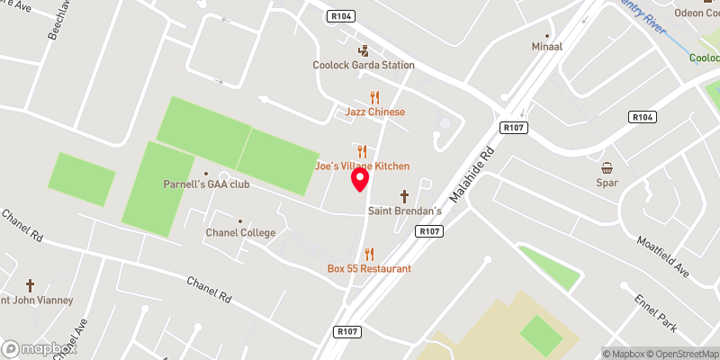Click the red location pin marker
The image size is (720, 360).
click(x=360, y=179)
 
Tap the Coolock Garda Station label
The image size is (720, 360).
click(x=363, y=65)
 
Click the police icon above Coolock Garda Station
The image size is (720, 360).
click(x=363, y=50)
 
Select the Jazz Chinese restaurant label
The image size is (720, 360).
click(x=375, y=112)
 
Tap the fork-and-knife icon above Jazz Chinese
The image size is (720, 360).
click(x=375, y=97)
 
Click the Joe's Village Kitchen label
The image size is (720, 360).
click(x=362, y=166)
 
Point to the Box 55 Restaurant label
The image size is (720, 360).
click(x=369, y=268)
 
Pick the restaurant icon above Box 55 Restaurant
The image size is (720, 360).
click(x=369, y=254)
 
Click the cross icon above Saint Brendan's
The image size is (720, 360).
click(x=404, y=196)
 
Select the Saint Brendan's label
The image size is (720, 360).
click(x=404, y=211)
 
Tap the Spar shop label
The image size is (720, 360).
click(x=607, y=183)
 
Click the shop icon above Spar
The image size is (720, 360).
click(x=607, y=167)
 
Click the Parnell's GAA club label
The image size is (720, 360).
click(x=206, y=184)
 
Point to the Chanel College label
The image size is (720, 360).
click(x=239, y=232)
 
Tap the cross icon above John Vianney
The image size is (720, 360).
click(x=30, y=285)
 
